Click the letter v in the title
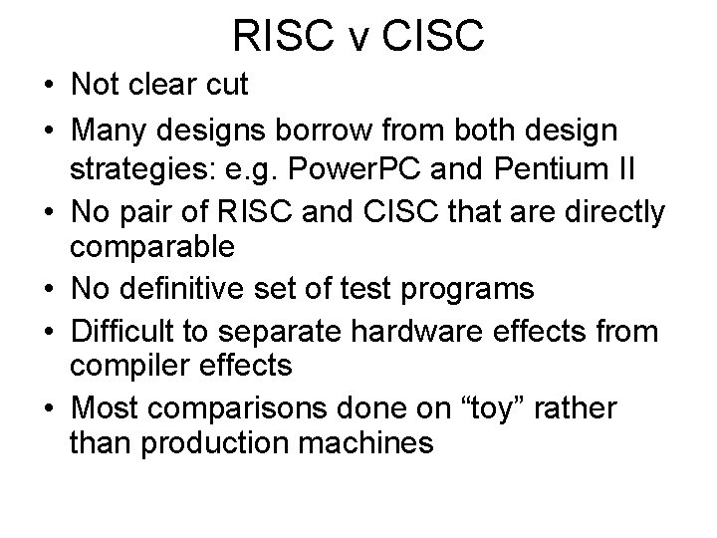point(358,35)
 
